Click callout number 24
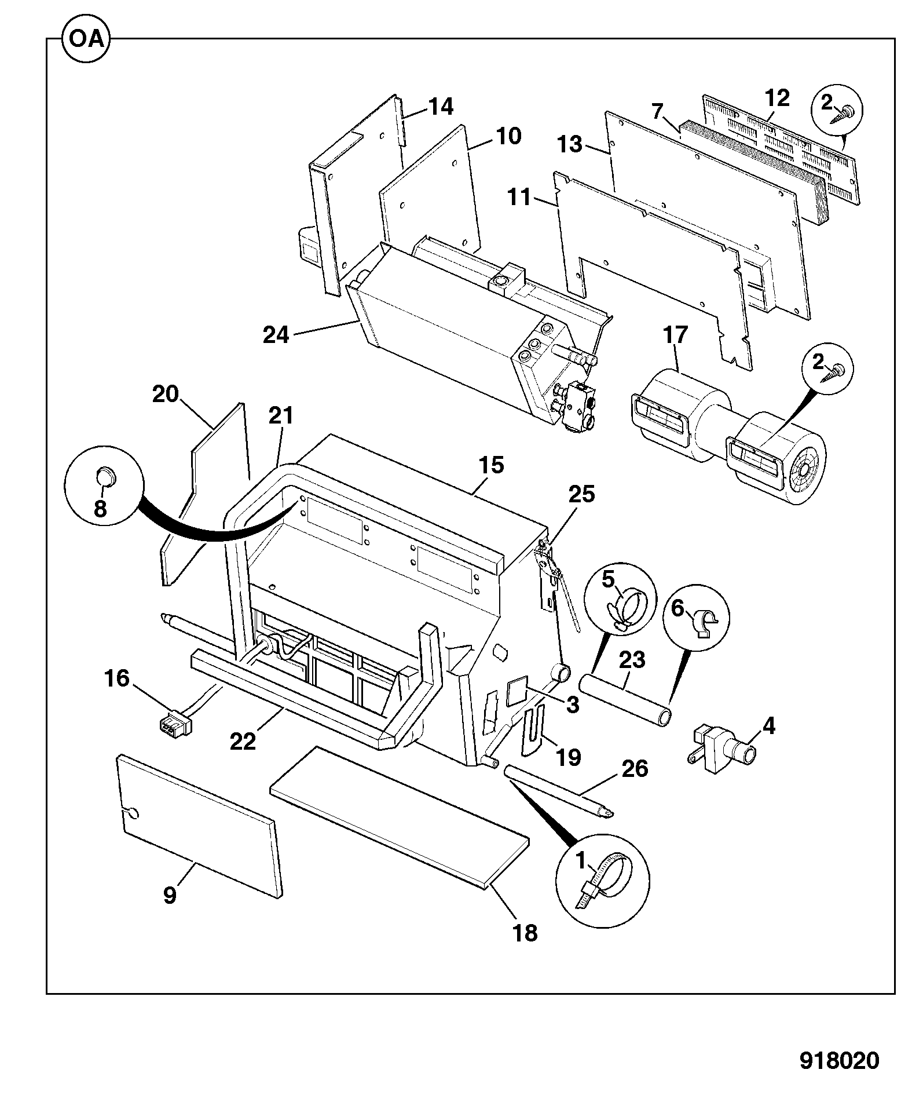(x=276, y=335)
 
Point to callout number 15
(x=491, y=465)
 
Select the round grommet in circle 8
(x=105, y=477)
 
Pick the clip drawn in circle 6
(x=706, y=622)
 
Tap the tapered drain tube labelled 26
(x=559, y=791)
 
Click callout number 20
(x=166, y=394)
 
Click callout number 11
(x=519, y=197)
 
